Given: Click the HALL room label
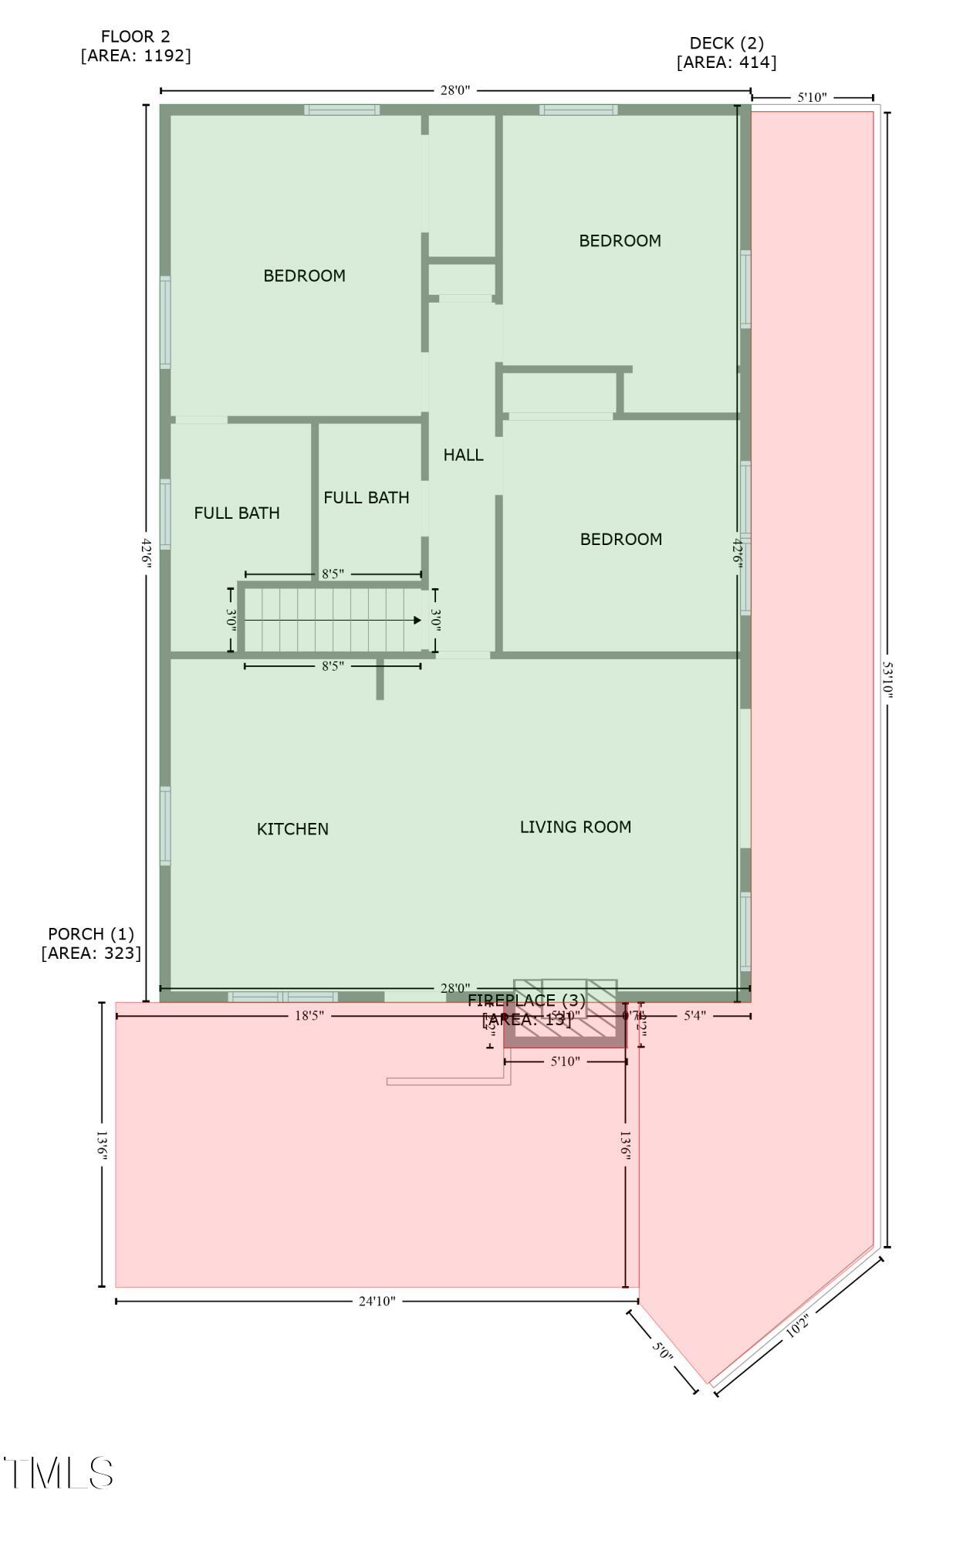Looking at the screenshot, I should tap(463, 455).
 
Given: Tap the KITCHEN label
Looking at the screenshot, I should tap(292, 829).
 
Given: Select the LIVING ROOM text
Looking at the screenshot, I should tap(575, 827).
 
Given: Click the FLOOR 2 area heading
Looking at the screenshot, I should tap(135, 46).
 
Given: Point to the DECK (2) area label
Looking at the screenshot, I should tap(726, 52).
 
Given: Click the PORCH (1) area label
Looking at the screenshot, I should tap(91, 943).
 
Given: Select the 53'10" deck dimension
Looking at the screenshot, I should tap(887, 679).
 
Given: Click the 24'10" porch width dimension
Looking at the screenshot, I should tap(377, 1302).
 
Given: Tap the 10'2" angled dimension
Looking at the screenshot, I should tap(797, 1329).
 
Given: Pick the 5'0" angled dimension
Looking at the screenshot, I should tap(662, 1352).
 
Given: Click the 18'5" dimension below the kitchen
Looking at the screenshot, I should tap(309, 1016).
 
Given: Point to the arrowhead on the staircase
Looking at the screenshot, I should tap(417, 620).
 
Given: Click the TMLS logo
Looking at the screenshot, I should tap(59, 1473).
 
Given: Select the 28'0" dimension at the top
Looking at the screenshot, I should tap(454, 90).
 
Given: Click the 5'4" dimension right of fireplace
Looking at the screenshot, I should tap(694, 1016).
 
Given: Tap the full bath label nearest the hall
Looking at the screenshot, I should tap(366, 498).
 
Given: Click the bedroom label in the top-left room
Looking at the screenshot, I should tap(304, 276).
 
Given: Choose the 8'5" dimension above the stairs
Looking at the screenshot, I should tap(333, 574).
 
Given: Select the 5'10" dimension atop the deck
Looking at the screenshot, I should tap(812, 98).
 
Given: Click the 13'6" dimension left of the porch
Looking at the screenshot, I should tap(102, 1145).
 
